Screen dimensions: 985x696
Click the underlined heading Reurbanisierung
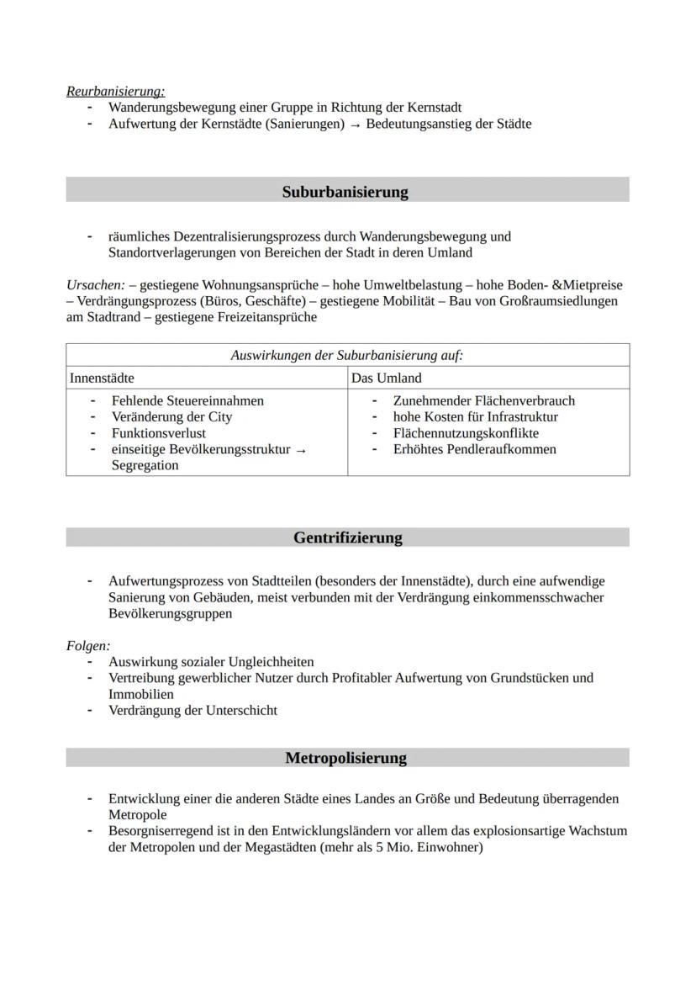[115, 91]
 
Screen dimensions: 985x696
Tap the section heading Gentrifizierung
[347, 538]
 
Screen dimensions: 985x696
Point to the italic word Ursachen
[94, 285]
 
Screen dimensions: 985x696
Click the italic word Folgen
[87, 646]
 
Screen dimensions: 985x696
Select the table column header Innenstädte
[102, 378]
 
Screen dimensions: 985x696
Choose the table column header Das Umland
[386, 378]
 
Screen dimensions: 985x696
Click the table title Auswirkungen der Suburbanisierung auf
[346, 355]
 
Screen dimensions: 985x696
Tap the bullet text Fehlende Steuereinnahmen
[187, 400]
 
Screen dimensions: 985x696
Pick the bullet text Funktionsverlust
[159, 433]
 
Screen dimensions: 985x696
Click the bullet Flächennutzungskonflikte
[466, 433]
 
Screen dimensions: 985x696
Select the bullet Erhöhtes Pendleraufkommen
[474, 449]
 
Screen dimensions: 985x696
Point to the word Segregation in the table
[145, 465]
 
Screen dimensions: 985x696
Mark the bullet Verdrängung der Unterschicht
[192, 710]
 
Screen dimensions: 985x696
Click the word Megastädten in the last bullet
[253, 847]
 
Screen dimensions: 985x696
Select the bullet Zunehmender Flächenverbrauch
[483, 400]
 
